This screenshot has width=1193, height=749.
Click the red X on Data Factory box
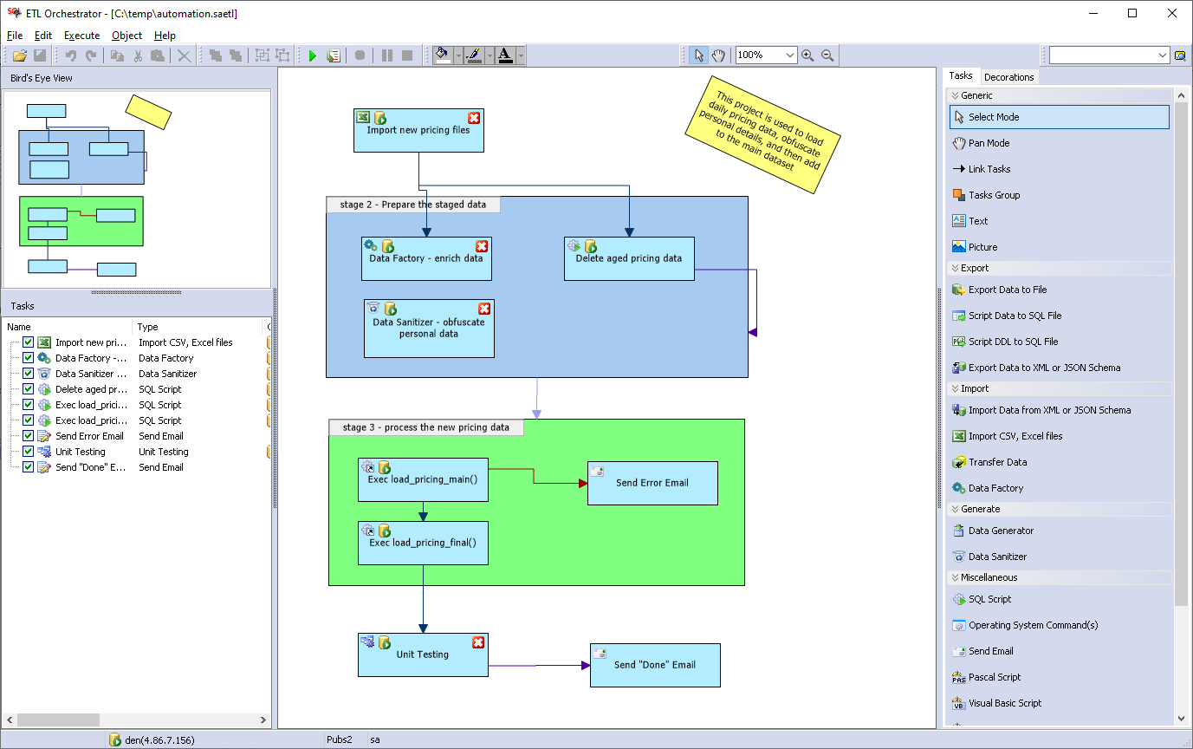[x=482, y=247]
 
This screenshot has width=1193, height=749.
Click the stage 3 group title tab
[x=425, y=427]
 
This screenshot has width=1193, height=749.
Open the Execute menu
[x=81, y=36]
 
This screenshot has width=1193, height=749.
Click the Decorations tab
[x=1008, y=77]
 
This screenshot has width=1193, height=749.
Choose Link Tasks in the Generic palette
[x=989, y=169]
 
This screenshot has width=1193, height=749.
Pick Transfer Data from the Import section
[x=997, y=462]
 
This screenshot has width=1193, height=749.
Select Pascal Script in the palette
[x=994, y=677]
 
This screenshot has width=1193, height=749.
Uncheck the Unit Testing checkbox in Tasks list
[x=29, y=452]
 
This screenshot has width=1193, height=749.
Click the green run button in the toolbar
[x=313, y=55]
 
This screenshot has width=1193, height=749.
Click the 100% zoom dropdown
[x=766, y=55]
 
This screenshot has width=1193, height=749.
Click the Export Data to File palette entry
[x=1007, y=290]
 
